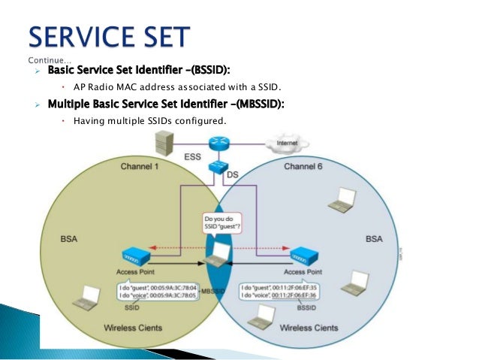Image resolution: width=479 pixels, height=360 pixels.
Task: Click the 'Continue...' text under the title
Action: pos(50,59)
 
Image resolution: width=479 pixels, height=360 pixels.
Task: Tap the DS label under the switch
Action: pos(233,174)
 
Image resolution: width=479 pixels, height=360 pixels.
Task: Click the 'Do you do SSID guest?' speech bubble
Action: pos(220,224)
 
